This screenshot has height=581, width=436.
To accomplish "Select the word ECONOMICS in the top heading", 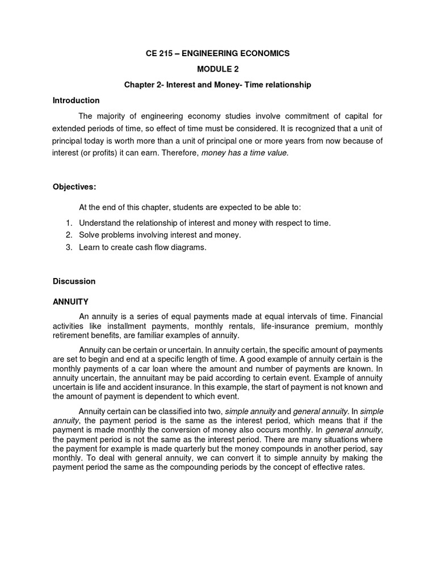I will tap(263, 53).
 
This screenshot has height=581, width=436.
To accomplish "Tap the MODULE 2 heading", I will tap(218, 69).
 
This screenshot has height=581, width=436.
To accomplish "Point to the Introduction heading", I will tap(76, 100).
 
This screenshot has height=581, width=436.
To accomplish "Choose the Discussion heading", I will tap(74, 281).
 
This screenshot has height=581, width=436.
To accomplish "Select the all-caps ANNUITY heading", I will tap(70, 301).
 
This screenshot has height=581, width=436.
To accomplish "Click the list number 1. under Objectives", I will tap(69, 223).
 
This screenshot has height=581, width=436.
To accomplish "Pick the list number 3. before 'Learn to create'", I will tap(69, 247).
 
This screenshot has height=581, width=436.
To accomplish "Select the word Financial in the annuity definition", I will tap(367, 315).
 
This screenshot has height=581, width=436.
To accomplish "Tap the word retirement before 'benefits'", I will tap(72, 335).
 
